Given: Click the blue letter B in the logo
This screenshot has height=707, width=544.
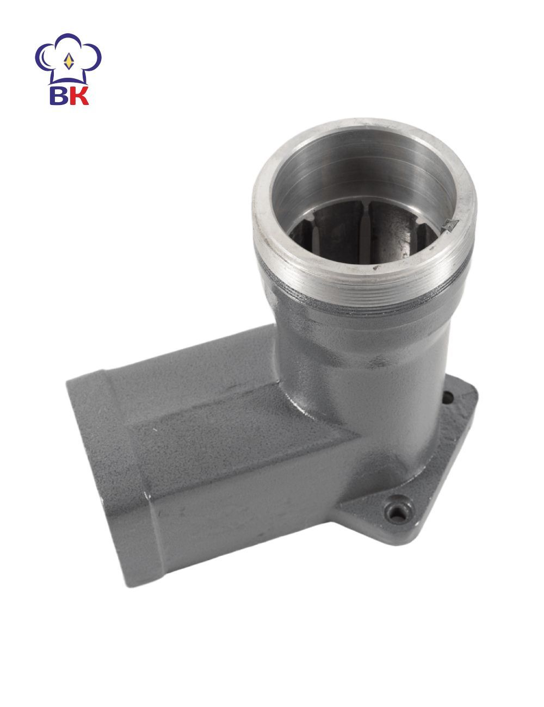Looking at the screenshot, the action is [59, 95].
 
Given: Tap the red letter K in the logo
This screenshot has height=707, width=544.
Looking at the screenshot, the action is [79, 95].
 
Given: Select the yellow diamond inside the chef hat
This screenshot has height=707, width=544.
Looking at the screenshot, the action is [69, 61].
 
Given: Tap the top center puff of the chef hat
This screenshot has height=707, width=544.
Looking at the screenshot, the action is [68, 41].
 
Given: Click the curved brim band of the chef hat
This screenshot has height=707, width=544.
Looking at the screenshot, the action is [69, 80].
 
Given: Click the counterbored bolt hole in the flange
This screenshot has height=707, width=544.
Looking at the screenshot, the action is [395, 513].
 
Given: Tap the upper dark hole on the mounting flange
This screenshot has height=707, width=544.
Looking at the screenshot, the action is [448, 397].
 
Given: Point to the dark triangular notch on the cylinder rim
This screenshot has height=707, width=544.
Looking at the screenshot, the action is [450, 225].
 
